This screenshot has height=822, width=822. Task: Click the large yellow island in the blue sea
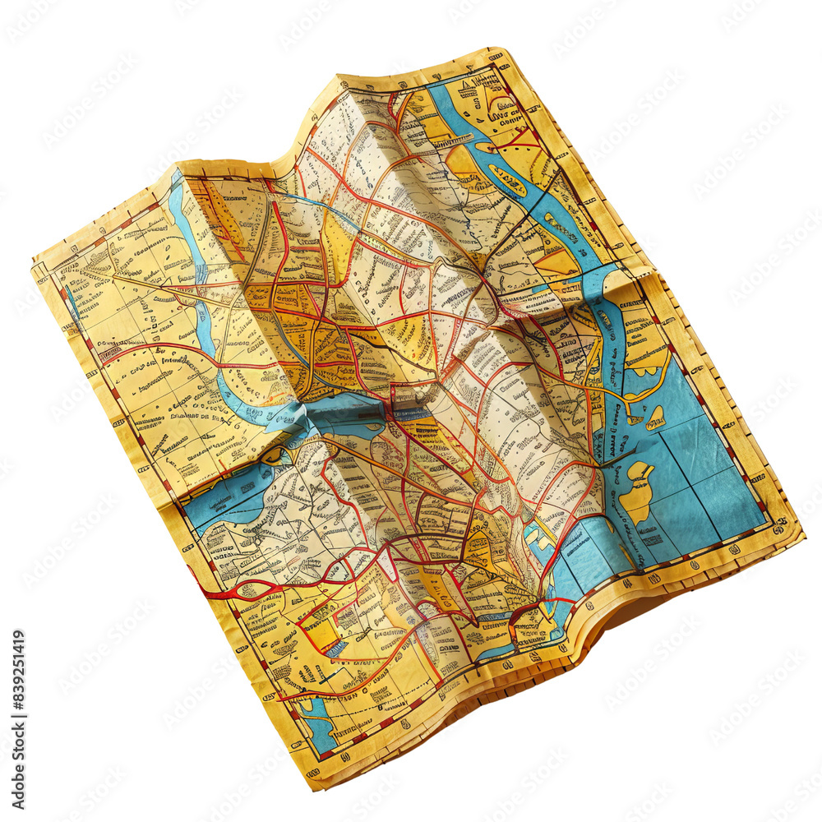tap(635, 493)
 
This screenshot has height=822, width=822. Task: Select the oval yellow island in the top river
tap(507, 180)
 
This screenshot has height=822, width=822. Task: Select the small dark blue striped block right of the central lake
tap(411, 416)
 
